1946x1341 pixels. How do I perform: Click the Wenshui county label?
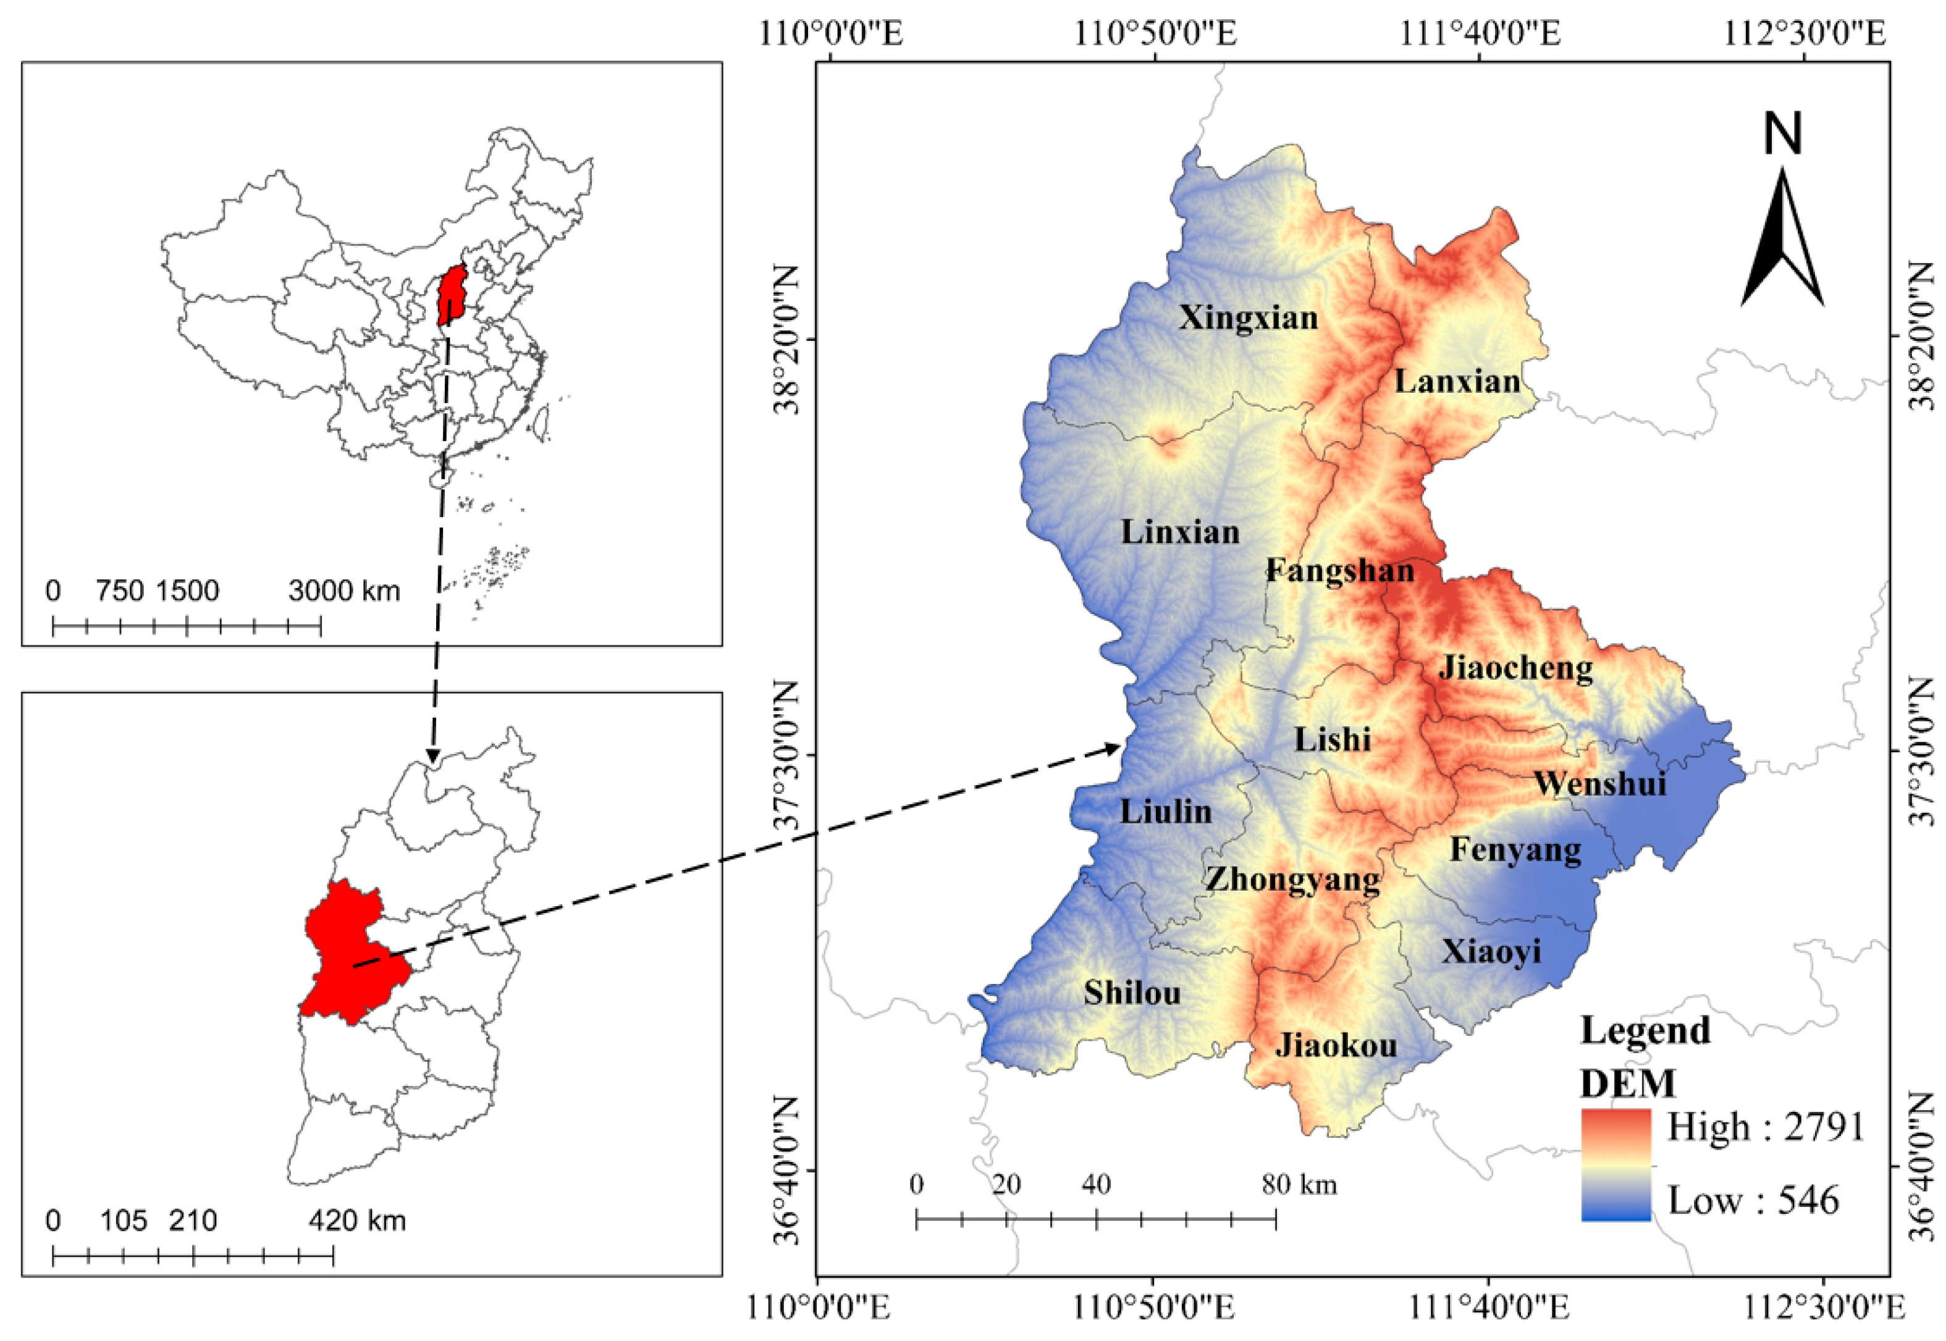1600,783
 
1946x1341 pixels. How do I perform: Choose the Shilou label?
1132,993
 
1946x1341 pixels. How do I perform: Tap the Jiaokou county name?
1336,1045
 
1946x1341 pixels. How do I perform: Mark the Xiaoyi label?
1491,952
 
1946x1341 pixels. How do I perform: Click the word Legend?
1645,1030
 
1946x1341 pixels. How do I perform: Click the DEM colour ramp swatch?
1615,1164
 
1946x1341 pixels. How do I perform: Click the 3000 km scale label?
343,591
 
